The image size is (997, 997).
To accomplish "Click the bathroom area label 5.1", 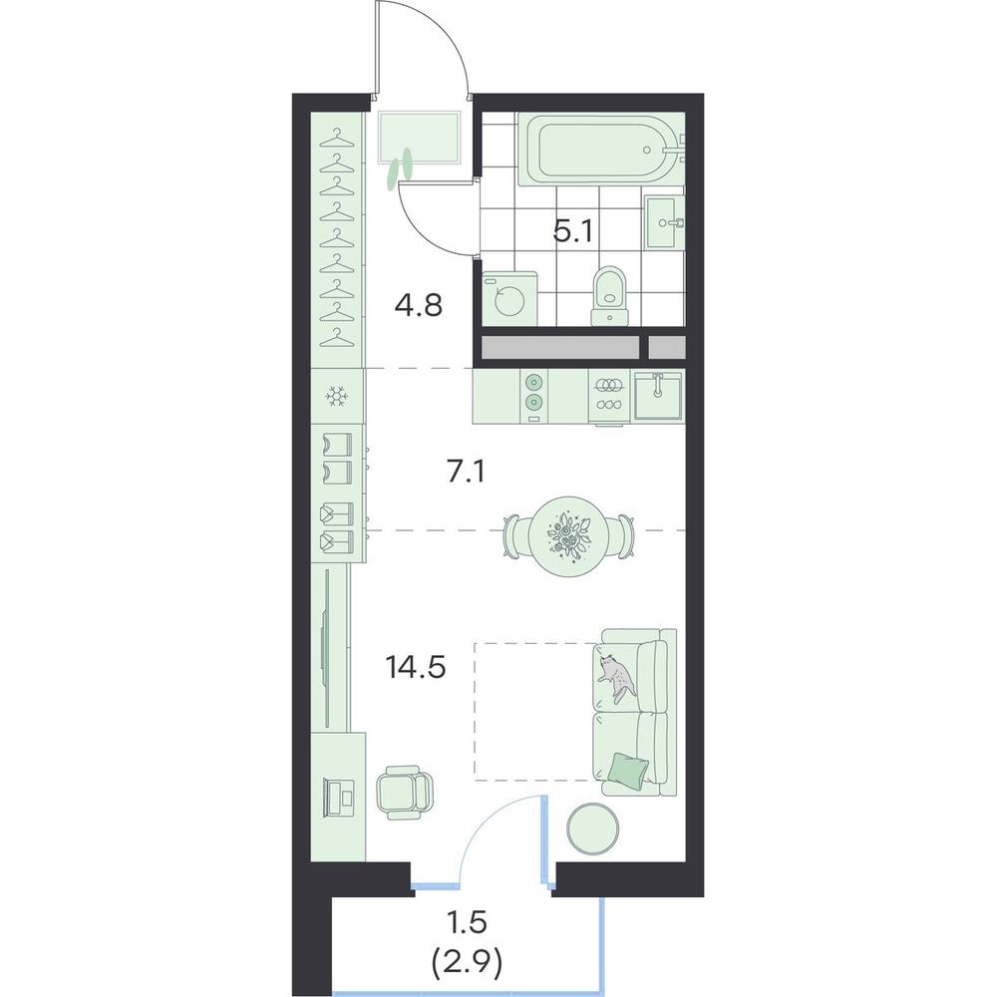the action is (x=573, y=231).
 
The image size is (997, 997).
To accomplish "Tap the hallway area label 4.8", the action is (x=418, y=306).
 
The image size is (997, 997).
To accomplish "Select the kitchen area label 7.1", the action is (x=466, y=473).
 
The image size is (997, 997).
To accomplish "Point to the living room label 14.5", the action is (x=415, y=668).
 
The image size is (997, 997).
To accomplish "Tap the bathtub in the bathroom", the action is (x=601, y=151).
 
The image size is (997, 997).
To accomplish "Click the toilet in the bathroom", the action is (x=610, y=296).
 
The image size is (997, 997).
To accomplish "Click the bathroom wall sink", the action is (x=665, y=222).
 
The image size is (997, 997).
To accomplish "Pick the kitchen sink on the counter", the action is (x=658, y=395).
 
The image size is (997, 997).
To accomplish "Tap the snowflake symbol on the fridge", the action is (x=336, y=397).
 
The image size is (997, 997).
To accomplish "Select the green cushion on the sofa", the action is (x=629, y=768).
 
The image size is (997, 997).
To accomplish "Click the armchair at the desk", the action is (x=404, y=792).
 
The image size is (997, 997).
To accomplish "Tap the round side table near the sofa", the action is (x=592, y=828).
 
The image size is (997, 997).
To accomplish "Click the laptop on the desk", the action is (x=341, y=796).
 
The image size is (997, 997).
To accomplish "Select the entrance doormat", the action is (x=420, y=137).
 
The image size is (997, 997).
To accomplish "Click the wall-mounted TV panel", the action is (x=327, y=648).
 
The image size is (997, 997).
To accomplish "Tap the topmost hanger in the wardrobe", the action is (x=336, y=138).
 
